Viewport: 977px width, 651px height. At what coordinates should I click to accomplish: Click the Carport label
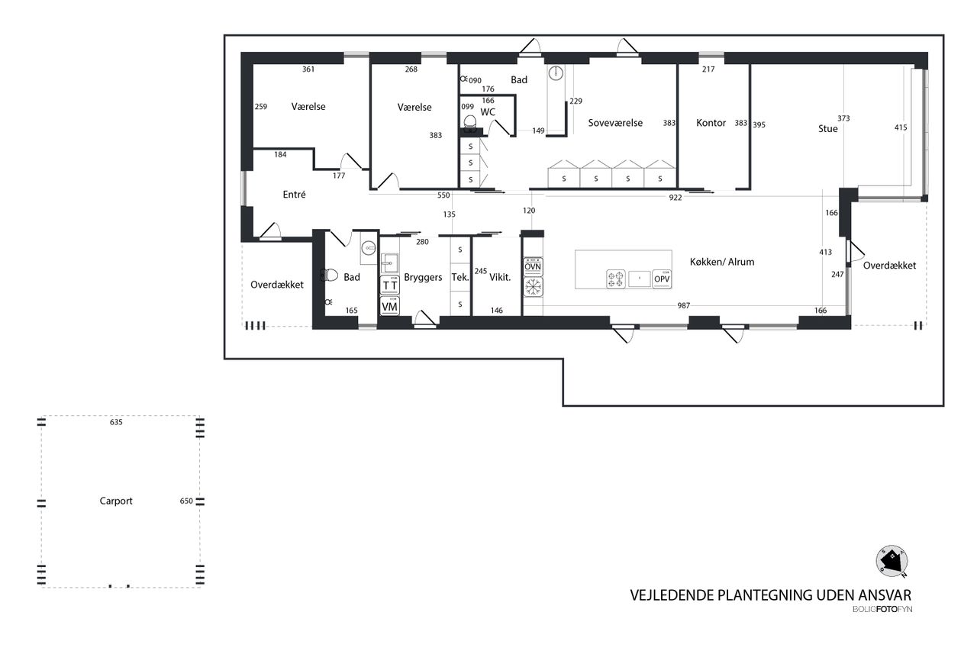click(x=116, y=501)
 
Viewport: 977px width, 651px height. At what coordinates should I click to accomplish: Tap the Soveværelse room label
click(x=615, y=123)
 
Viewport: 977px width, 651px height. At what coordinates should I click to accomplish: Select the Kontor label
click(x=711, y=123)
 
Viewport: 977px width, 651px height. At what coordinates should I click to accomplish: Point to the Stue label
click(x=828, y=129)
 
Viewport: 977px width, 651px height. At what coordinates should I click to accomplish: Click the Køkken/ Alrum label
click(x=722, y=262)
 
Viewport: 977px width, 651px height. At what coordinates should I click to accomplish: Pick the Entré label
click(x=294, y=195)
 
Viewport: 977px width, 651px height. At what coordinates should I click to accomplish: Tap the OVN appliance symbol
click(x=533, y=266)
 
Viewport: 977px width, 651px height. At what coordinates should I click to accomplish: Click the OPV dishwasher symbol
click(x=662, y=279)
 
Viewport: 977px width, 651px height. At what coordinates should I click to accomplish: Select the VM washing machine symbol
click(x=389, y=307)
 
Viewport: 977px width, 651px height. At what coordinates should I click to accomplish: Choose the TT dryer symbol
click(x=389, y=285)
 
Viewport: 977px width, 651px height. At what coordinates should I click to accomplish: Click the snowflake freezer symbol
click(x=533, y=287)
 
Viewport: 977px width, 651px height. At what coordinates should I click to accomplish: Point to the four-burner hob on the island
click(x=615, y=279)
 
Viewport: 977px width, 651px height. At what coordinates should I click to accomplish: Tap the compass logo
click(x=892, y=562)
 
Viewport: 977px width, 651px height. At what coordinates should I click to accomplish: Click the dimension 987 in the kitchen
click(x=683, y=306)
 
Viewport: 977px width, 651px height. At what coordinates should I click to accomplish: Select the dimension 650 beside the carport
click(x=186, y=501)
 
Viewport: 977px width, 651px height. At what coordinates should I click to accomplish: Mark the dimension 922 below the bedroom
click(x=676, y=198)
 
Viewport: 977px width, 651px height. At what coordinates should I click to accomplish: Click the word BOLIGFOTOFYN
click(x=882, y=609)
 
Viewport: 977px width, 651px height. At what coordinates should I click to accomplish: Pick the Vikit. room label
click(x=500, y=277)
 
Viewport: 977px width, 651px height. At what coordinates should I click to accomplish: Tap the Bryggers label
click(x=423, y=277)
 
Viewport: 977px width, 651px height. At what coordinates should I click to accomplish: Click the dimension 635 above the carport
click(x=116, y=422)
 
